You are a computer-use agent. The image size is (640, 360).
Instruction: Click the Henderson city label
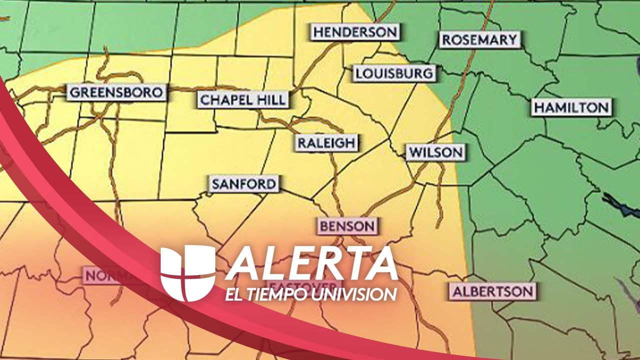(354, 32)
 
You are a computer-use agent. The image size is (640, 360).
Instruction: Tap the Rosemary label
(479, 40)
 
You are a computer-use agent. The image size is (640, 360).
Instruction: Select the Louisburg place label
(394, 73)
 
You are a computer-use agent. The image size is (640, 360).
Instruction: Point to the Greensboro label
(116, 92)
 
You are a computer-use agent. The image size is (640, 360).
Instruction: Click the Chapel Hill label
(243, 99)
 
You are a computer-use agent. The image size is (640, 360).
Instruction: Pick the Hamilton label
(571, 107)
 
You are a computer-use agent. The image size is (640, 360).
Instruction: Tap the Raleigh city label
(326, 143)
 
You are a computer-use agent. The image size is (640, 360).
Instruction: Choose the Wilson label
(435, 152)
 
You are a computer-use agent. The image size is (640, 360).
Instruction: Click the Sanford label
(243, 184)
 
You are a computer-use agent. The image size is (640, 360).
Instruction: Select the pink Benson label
(347, 226)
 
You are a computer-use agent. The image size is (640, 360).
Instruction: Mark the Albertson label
(492, 291)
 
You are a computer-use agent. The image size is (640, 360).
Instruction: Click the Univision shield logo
(187, 273)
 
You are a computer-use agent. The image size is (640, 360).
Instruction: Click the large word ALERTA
(312, 264)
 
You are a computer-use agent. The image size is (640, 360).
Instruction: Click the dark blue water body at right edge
(620, 205)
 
